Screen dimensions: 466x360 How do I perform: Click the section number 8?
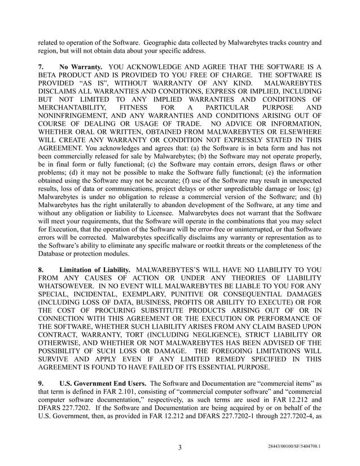pyautogui.click(x=41, y=270)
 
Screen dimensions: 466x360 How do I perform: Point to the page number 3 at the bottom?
pyautogui.click(x=179, y=447)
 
